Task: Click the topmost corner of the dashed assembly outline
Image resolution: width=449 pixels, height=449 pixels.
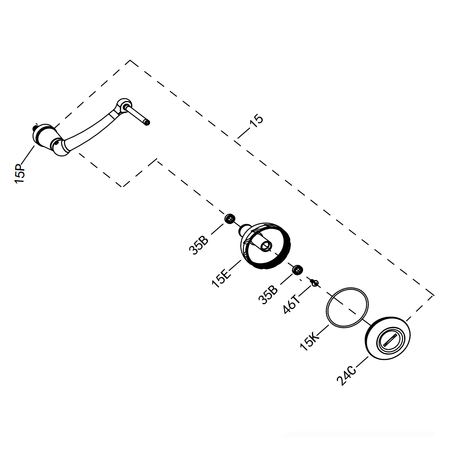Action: pyautogui.click(x=130, y=60)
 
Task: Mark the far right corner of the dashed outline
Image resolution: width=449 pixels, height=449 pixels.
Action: pyautogui.click(x=434, y=296)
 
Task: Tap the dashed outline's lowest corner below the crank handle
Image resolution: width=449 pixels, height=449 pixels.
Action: pyautogui.click(x=122, y=187)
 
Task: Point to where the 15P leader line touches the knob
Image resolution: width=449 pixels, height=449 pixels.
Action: pyautogui.click(x=34, y=146)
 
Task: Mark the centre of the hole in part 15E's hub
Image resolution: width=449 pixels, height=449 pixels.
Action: pyautogui.click(x=266, y=246)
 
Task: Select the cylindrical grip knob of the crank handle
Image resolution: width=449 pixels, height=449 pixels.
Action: pyautogui.click(x=44, y=136)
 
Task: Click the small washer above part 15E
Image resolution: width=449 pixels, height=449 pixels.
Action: pyautogui.click(x=230, y=219)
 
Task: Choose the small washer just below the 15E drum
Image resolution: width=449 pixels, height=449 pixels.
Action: pyautogui.click(x=297, y=270)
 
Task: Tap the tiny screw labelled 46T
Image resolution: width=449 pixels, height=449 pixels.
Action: pyautogui.click(x=314, y=283)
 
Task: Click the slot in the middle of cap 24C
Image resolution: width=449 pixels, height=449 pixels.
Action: pyautogui.click(x=390, y=340)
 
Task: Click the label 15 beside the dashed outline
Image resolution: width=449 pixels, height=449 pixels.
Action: pyautogui.click(x=256, y=121)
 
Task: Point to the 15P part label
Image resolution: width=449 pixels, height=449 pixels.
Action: pyautogui.click(x=20, y=174)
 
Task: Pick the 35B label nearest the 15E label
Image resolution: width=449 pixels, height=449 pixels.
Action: pyautogui.click(x=198, y=245)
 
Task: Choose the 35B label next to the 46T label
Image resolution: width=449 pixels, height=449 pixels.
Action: pyautogui.click(x=268, y=295)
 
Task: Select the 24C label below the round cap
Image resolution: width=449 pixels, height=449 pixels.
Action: pyautogui.click(x=347, y=376)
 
